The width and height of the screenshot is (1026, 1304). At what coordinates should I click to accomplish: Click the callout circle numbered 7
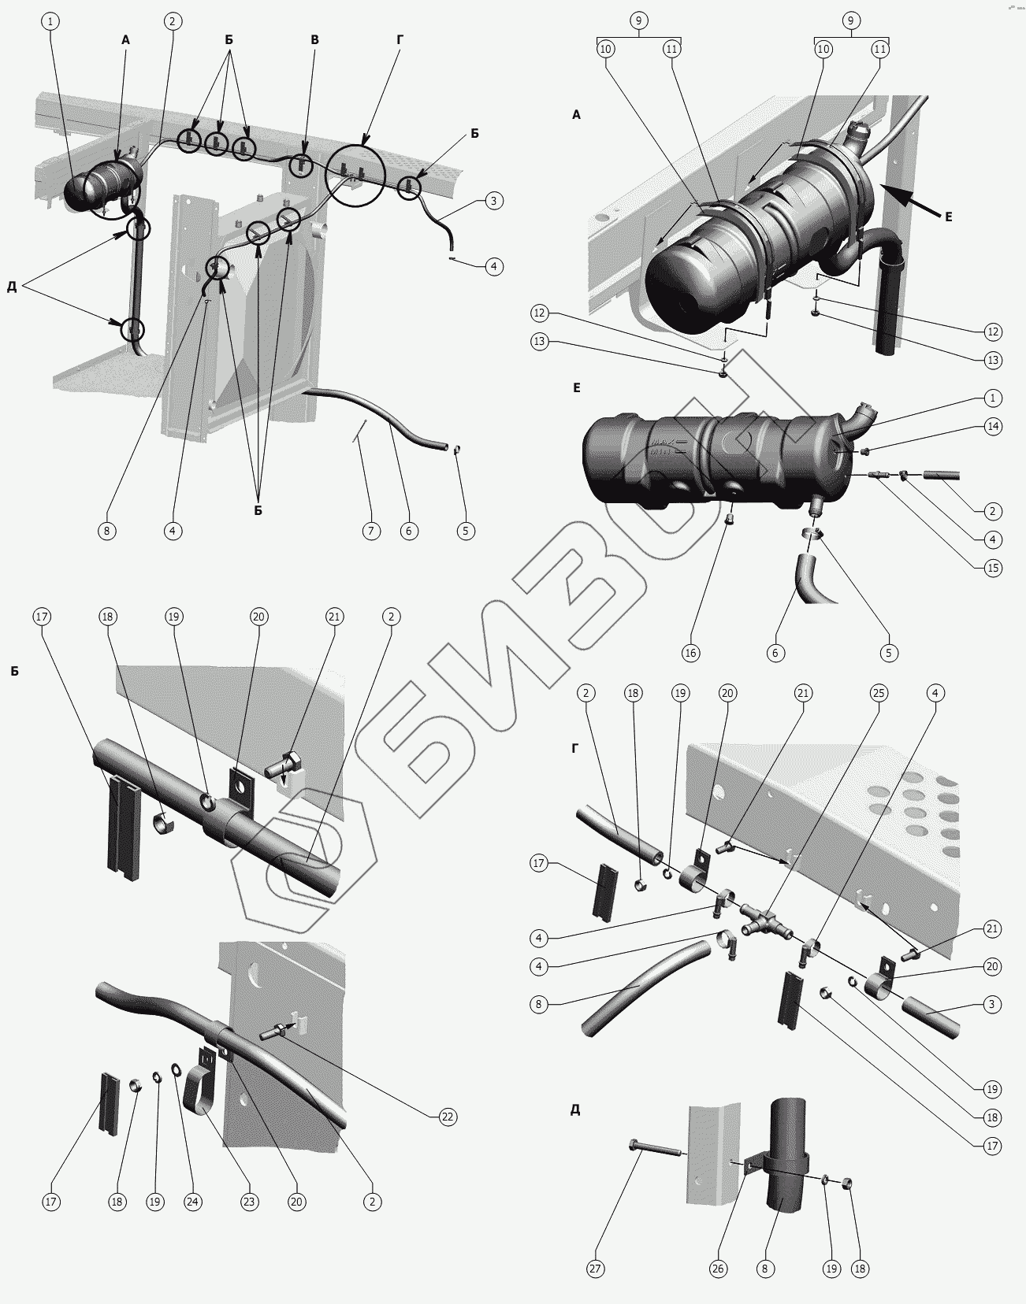[x=371, y=531]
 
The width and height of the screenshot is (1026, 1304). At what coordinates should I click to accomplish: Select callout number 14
[x=993, y=426]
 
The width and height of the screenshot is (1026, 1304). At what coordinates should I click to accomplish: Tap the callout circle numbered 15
[x=993, y=567]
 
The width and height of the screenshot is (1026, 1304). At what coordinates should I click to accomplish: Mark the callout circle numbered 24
[x=193, y=1202]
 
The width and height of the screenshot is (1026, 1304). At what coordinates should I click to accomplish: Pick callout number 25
[x=879, y=693]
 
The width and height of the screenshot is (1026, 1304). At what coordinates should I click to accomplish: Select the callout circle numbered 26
[x=719, y=1269]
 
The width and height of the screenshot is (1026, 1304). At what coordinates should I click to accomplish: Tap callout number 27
[x=596, y=1269]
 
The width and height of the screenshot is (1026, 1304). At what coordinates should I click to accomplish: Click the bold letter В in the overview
[x=314, y=39]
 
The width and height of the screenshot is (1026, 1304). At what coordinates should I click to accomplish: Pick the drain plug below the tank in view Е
[x=730, y=520]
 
